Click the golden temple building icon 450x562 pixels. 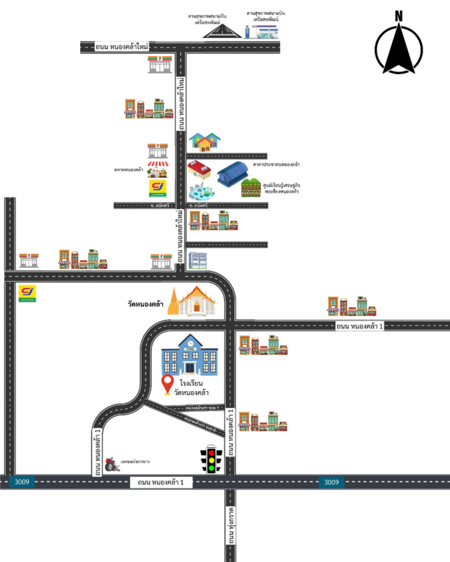click(x=193, y=301)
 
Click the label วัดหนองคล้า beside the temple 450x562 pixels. click(x=146, y=304)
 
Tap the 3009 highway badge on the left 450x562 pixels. click(x=21, y=482)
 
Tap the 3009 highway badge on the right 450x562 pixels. click(x=331, y=482)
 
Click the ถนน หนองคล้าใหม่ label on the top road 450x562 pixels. click(x=122, y=47)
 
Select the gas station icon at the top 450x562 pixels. click(x=261, y=30)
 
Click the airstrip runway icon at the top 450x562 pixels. click(x=221, y=31)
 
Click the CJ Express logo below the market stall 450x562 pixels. click(x=158, y=188)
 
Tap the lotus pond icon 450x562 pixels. click(x=201, y=192)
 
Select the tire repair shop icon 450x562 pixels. click(x=112, y=465)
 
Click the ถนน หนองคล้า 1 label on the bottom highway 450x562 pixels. click(x=160, y=482)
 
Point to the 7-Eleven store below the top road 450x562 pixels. click(x=160, y=64)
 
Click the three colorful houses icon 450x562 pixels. click(x=205, y=142)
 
